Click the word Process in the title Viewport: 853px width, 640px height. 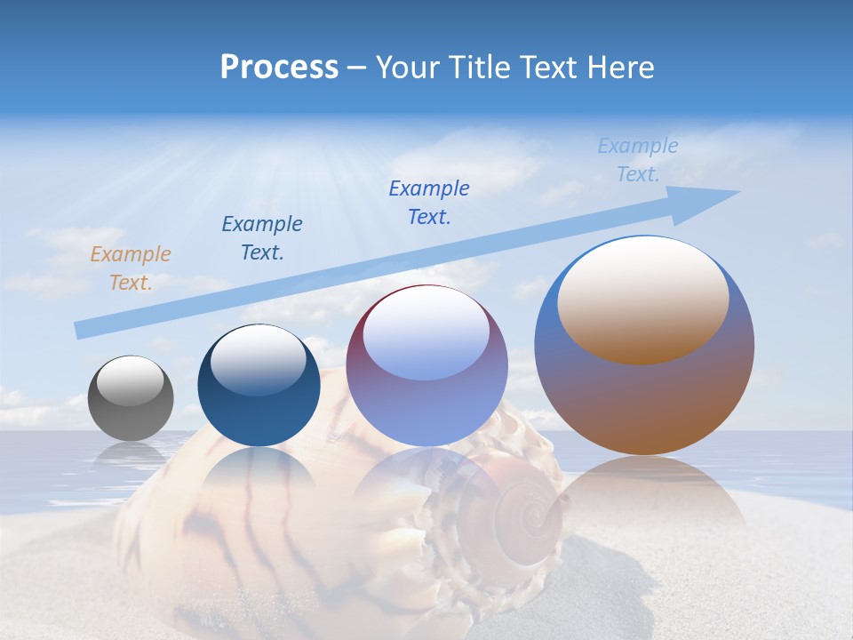pyautogui.click(x=279, y=68)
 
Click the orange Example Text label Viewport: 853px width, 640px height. pyautogui.click(x=130, y=268)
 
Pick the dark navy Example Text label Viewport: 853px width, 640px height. pyautogui.click(x=262, y=238)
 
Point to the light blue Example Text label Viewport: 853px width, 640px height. pyautogui.click(x=638, y=160)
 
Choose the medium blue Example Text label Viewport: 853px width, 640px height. pyautogui.click(x=429, y=203)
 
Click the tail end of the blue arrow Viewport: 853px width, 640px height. pyautogui.click(x=80, y=330)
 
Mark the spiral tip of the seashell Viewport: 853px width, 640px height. pyautogui.click(x=520, y=513)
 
